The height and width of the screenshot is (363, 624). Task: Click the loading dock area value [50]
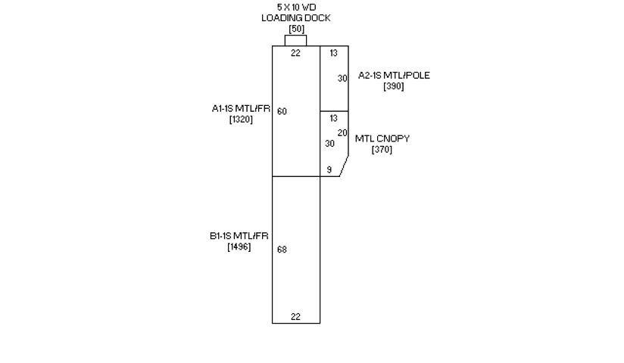296,29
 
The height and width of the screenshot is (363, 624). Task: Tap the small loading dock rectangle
296,40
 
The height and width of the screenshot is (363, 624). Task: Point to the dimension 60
282,112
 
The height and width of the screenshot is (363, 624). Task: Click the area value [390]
394,86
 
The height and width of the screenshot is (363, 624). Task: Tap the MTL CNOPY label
382,139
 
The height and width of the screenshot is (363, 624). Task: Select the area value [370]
382,150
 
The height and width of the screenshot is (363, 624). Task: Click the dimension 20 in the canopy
342,133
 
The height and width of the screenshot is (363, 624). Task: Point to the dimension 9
329,170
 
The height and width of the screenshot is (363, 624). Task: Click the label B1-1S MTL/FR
239,236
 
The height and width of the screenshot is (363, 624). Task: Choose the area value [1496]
239,247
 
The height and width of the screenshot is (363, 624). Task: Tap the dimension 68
282,250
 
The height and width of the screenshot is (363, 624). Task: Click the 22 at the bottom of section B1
295,318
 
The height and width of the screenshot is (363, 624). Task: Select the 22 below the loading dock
295,53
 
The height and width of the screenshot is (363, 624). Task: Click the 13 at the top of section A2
333,53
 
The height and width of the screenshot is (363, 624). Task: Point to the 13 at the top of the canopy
333,118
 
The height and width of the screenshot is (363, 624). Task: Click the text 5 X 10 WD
296,7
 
